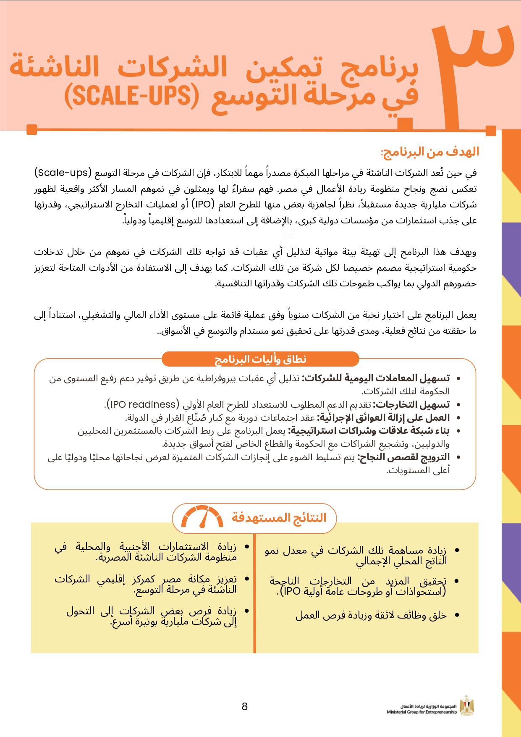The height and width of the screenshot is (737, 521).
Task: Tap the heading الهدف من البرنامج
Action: point(430,152)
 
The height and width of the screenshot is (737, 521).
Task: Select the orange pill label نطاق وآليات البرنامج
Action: point(260,359)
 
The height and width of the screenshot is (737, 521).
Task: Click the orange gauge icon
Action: point(202,517)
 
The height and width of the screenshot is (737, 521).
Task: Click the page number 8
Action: point(245,706)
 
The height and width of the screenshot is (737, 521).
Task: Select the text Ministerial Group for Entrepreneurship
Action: point(422,712)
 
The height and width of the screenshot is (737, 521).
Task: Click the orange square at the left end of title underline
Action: point(32,130)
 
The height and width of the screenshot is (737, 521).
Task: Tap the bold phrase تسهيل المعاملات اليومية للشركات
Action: point(376,378)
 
